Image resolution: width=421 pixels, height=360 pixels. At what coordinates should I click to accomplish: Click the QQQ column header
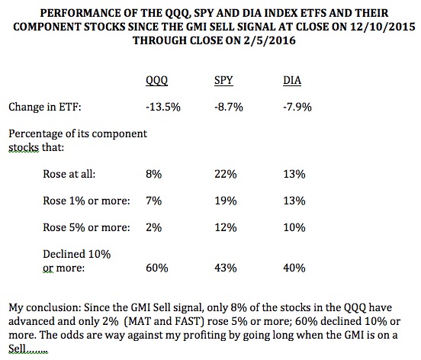(x=157, y=81)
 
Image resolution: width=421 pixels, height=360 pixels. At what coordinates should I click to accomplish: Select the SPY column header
(x=223, y=81)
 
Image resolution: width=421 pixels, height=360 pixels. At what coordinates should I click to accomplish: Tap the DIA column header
(x=292, y=81)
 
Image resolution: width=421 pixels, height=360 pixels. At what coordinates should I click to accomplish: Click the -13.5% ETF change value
(x=163, y=107)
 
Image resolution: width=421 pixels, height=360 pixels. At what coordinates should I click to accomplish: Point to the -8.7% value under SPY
(x=229, y=107)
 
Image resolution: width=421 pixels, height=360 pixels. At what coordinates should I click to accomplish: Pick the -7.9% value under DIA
(x=297, y=107)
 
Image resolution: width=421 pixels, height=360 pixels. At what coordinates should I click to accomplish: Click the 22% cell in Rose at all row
(x=226, y=174)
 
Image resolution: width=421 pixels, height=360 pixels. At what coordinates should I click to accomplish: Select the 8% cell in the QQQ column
(x=154, y=174)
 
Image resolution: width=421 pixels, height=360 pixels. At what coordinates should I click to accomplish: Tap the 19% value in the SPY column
(x=226, y=201)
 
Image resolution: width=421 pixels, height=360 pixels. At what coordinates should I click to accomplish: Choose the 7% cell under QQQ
(x=154, y=201)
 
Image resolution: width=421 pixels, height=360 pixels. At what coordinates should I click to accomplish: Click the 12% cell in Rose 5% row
(x=226, y=227)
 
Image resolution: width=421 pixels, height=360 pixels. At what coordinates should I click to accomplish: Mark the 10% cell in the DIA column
(x=294, y=227)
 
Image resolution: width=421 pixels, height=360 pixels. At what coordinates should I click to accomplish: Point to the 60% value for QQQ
(x=157, y=268)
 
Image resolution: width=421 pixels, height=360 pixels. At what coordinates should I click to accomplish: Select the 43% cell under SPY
(x=226, y=268)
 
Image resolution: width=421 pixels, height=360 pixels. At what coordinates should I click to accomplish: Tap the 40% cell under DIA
(x=294, y=268)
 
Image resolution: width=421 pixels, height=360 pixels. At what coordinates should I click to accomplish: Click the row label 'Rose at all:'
(x=69, y=174)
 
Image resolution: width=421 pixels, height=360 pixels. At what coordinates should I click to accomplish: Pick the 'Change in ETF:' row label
(x=45, y=107)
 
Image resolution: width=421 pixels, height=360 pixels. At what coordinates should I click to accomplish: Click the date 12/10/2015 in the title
(x=383, y=27)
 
